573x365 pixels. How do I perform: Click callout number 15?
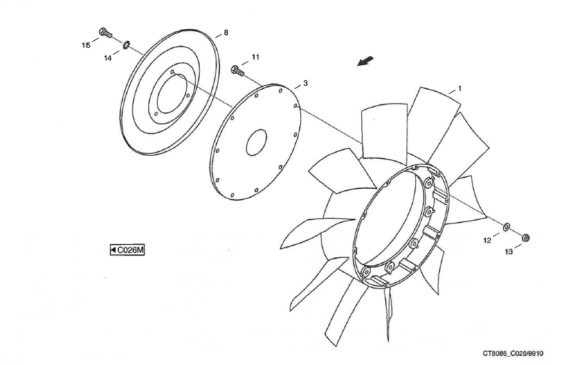[86, 45]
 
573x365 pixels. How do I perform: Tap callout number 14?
[107, 58]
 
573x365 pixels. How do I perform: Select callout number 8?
[226, 33]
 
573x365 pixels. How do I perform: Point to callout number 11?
[256, 57]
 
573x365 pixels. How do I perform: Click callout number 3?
[305, 83]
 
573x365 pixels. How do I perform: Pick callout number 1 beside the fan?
[460, 88]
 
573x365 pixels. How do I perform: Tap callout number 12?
[487, 240]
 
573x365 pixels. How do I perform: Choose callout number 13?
[508, 251]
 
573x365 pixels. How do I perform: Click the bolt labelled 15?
[105, 33]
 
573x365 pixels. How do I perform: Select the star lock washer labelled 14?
[126, 45]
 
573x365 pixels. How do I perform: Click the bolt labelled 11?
[238, 70]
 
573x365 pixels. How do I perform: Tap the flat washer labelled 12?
[507, 227]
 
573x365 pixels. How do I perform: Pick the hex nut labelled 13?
[526, 237]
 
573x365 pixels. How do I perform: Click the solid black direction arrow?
[365, 61]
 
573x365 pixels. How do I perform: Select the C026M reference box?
[128, 250]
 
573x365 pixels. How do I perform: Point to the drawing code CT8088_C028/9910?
[513, 353]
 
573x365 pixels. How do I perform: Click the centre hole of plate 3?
[256, 142]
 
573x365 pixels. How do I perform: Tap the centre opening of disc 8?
[172, 94]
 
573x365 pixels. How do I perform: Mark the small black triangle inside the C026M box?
[114, 250]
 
